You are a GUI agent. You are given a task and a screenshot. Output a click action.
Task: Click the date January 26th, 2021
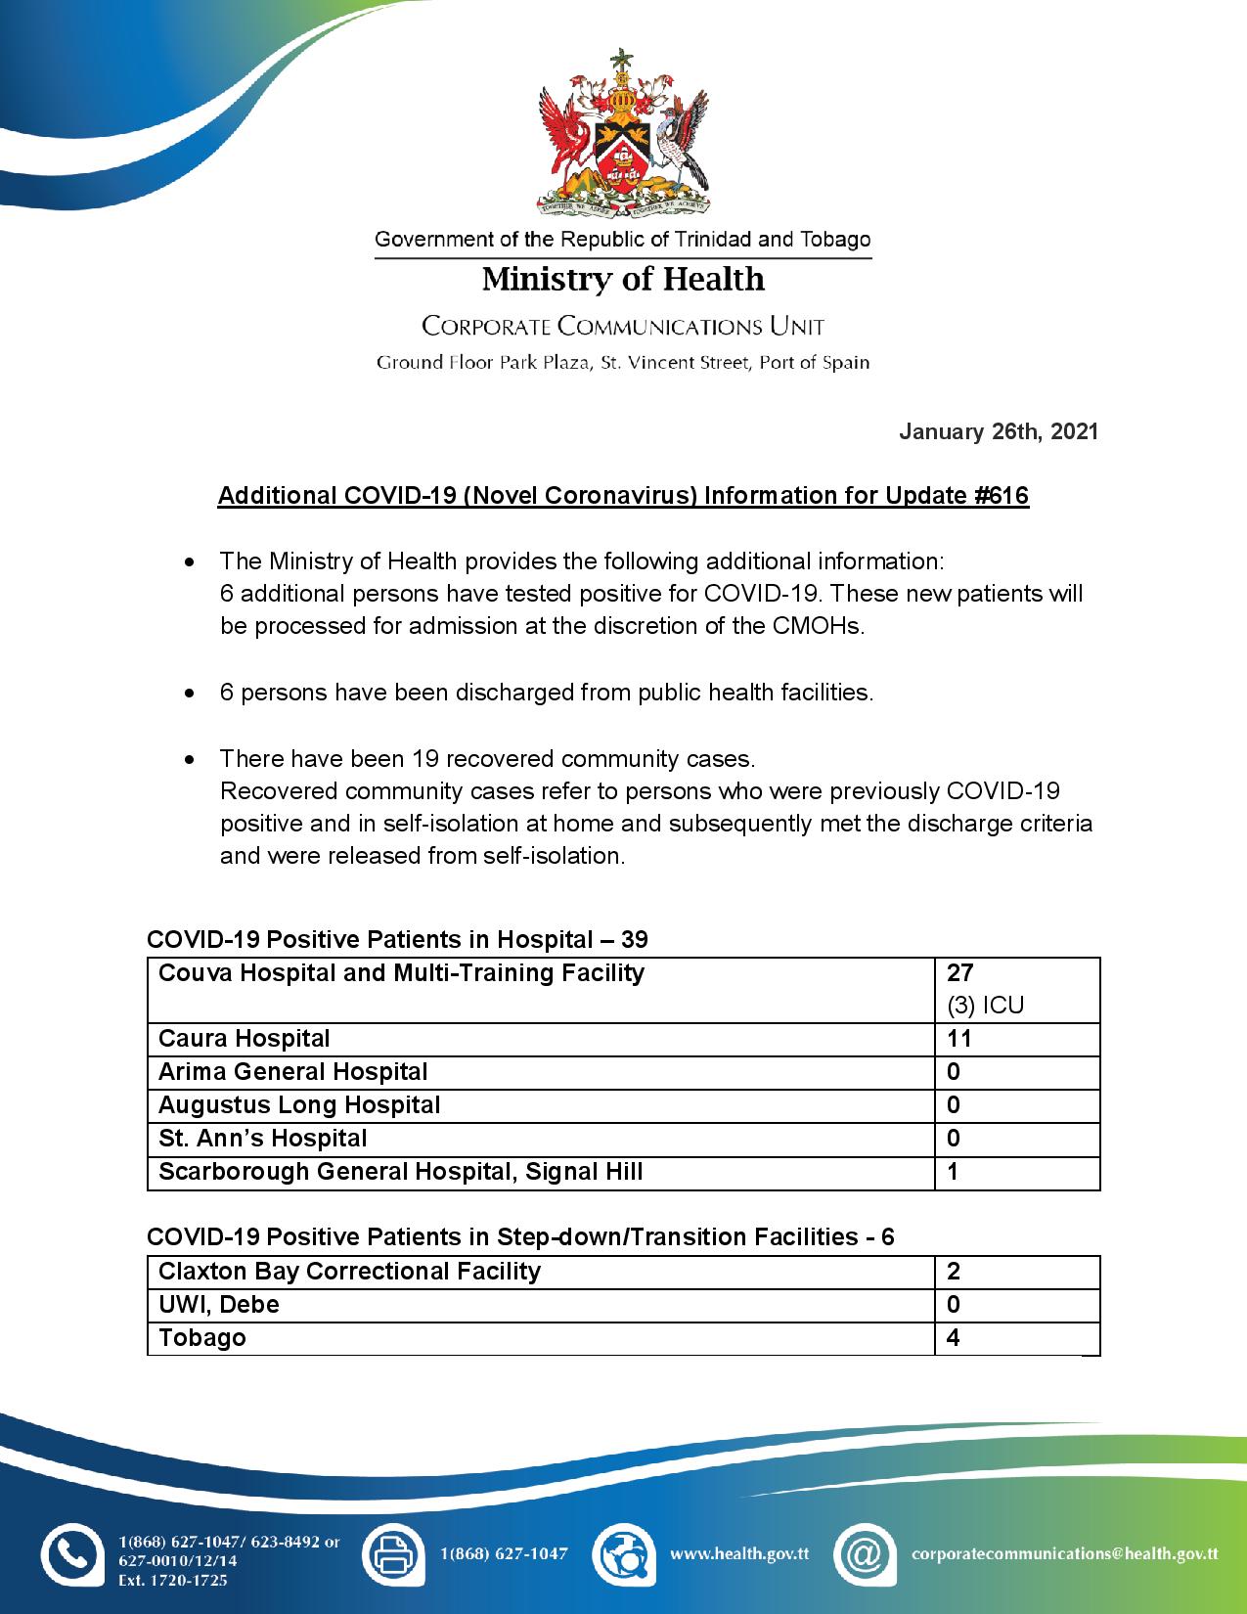999,431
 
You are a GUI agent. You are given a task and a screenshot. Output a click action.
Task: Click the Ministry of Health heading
623,280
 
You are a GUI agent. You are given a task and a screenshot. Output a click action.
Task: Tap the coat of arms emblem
623,132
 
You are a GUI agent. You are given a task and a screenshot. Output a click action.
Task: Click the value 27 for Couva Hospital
959,972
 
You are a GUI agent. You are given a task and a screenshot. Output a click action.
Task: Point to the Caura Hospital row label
245,1039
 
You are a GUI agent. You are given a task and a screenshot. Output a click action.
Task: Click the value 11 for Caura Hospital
958,1039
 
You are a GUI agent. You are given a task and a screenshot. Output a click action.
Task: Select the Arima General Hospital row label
293,1072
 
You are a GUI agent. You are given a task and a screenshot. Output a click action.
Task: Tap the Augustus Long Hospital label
299,1105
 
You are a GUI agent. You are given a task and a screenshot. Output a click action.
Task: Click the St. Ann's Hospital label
263,1139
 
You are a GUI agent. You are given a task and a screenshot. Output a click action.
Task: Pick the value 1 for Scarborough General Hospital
954,1172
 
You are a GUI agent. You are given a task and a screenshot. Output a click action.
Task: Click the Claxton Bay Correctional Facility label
349,1272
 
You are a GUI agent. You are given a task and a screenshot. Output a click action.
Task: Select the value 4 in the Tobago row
954,1338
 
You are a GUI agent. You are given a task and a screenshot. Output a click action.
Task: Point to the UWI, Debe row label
219,1305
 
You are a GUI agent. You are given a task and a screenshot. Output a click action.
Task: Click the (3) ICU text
985,1006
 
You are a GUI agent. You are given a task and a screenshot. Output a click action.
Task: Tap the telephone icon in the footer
71,1553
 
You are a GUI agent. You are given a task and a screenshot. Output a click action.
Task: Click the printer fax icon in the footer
393,1553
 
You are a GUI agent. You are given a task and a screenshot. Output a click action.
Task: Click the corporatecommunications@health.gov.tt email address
1064,1553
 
